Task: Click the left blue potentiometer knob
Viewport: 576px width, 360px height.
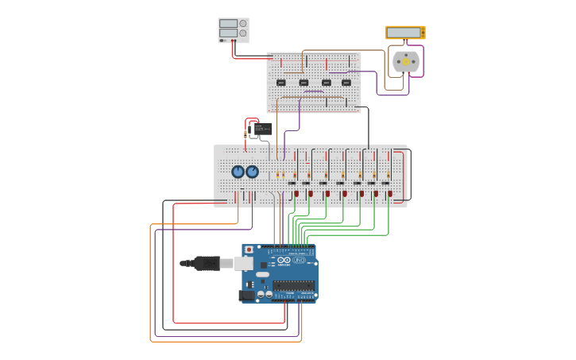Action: (x=238, y=172)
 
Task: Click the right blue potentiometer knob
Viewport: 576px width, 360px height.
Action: (x=252, y=172)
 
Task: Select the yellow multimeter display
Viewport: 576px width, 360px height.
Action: (x=404, y=33)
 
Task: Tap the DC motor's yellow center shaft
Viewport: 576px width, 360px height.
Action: (x=405, y=61)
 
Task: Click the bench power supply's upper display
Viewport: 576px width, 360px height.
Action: (x=228, y=24)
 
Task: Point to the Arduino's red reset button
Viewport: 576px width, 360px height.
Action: (x=249, y=250)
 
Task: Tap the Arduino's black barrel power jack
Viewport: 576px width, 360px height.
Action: (x=246, y=295)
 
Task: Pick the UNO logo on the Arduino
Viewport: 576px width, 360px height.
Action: (x=299, y=260)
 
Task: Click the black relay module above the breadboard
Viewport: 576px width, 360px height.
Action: (x=261, y=129)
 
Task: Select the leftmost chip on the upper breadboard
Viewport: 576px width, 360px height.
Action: (x=280, y=82)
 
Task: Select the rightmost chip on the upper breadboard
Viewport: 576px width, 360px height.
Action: (x=346, y=82)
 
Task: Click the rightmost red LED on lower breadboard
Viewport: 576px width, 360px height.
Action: (x=390, y=193)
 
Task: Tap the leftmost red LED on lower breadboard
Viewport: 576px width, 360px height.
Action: (x=296, y=193)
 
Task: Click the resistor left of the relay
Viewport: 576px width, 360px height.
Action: (x=245, y=134)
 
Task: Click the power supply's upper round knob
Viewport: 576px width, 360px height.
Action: (x=242, y=24)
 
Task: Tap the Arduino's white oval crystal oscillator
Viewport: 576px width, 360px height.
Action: (x=262, y=274)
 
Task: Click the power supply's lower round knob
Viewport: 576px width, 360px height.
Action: (x=242, y=33)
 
